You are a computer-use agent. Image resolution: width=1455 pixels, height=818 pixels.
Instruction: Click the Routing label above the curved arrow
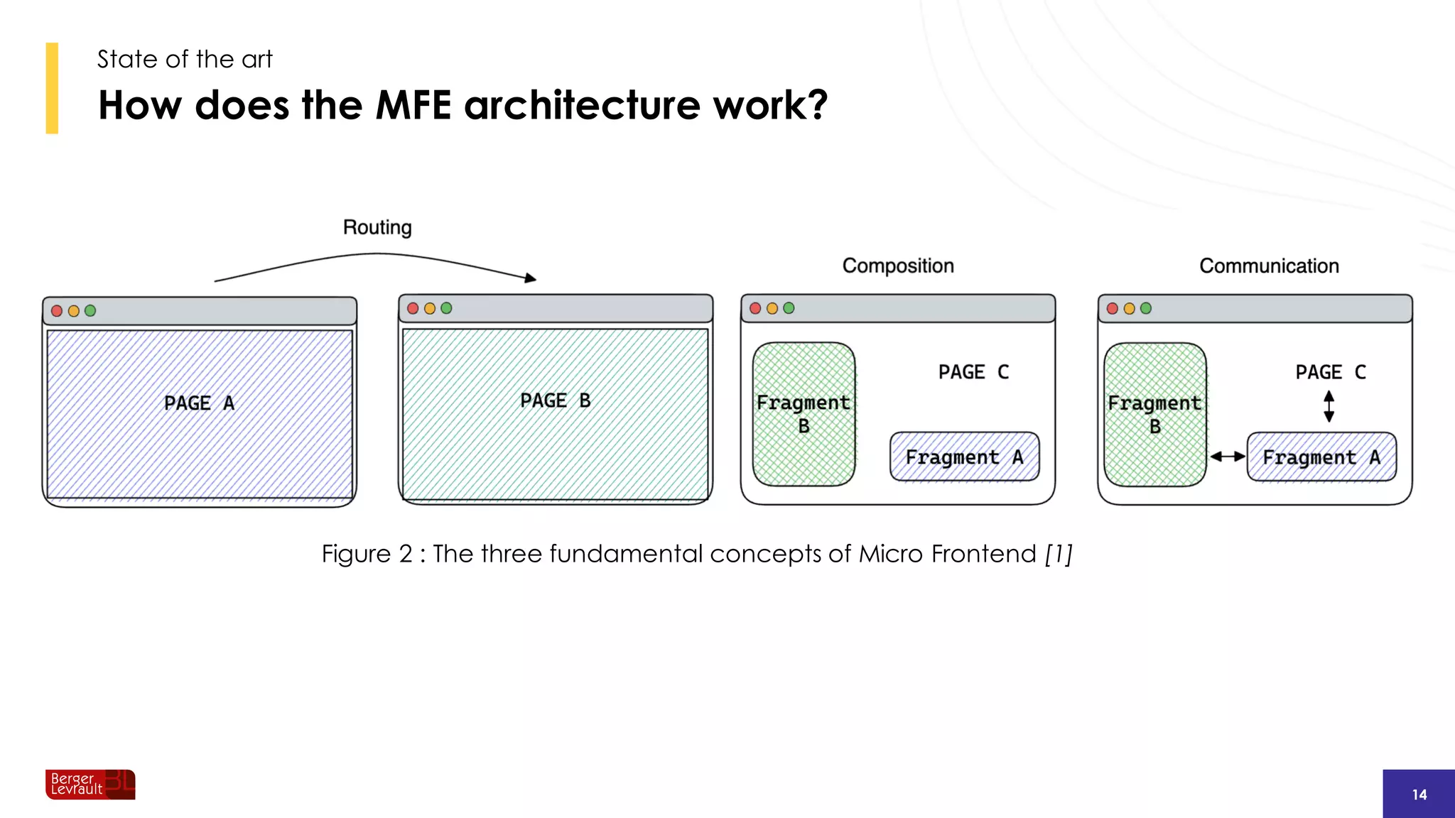click(377, 227)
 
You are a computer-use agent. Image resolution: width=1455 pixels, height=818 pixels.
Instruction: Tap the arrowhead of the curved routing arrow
click(530, 278)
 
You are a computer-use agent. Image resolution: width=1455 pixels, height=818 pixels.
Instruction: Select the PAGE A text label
click(199, 403)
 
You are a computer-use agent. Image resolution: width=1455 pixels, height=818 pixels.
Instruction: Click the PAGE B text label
click(555, 400)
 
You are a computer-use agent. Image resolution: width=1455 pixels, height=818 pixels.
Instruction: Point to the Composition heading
click(898, 266)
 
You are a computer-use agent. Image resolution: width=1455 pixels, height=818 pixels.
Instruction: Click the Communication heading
click(1269, 266)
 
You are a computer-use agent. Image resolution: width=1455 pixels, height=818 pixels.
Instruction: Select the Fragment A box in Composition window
click(964, 457)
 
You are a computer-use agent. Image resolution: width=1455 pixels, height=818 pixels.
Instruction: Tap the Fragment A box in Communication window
click(1321, 457)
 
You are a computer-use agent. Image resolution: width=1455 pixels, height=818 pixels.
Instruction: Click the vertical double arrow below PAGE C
click(1329, 406)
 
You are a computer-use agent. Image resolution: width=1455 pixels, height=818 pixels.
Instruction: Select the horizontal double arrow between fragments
click(1227, 457)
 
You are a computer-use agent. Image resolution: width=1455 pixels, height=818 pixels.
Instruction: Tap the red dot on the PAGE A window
click(57, 311)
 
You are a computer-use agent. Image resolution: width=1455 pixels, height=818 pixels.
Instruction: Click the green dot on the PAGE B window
click(446, 308)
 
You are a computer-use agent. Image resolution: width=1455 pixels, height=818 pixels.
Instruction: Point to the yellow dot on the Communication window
click(1129, 308)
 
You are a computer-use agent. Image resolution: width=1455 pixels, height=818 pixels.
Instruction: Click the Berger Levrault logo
click(90, 785)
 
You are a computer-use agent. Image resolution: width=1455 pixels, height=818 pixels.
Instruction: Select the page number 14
click(1419, 795)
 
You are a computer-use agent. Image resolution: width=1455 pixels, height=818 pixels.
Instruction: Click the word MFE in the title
click(413, 105)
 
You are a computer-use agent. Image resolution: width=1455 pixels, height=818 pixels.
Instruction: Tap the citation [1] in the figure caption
click(1058, 554)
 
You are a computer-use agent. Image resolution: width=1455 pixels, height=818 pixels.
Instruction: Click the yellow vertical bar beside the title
click(52, 88)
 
